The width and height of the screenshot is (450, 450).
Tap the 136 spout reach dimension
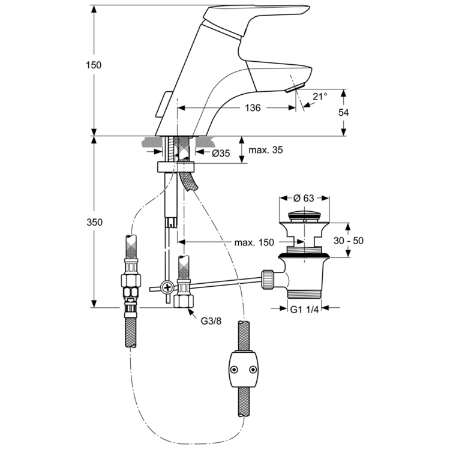[x=253, y=108]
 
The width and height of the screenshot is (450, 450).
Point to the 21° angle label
[x=320, y=96]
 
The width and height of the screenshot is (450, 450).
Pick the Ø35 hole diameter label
[x=221, y=153]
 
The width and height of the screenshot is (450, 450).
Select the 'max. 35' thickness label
[x=264, y=150]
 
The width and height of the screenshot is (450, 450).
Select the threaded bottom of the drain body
[x=305, y=293]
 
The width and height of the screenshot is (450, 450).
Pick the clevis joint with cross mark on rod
[x=168, y=287]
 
